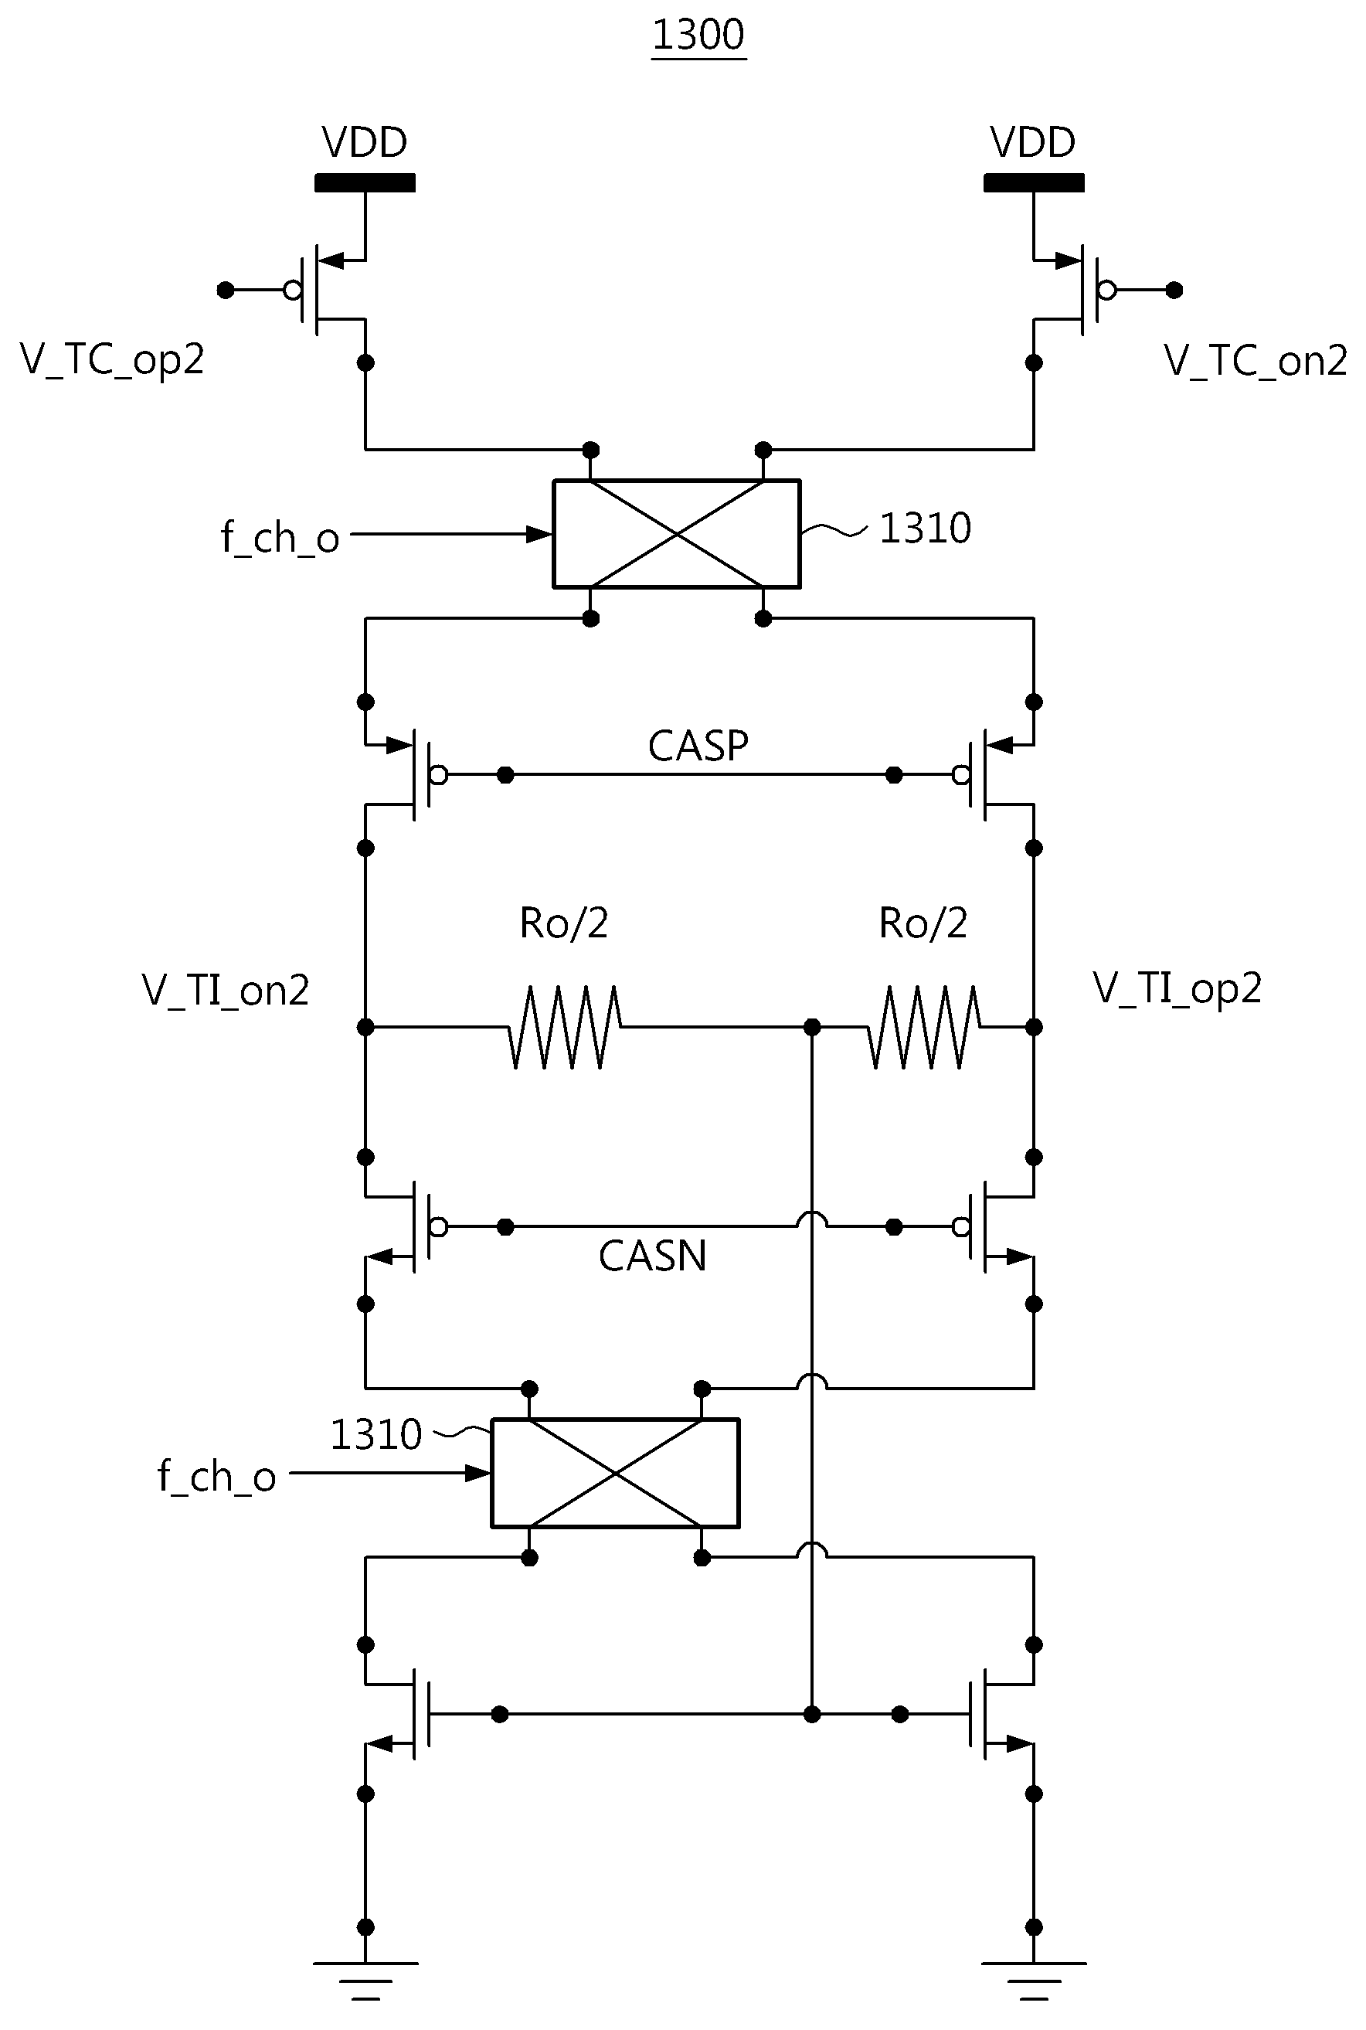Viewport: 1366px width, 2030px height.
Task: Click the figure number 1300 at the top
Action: click(698, 36)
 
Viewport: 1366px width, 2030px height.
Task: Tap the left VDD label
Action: click(364, 142)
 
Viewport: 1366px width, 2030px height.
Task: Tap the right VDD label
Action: click(1033, 142)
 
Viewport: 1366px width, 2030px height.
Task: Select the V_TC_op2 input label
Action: click(112, 360)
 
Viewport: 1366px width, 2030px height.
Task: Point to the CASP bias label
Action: click(698, 746)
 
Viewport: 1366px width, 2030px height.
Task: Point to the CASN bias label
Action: click(653, 1256)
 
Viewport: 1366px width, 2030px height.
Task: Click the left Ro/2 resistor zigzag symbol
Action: click(566, 1027)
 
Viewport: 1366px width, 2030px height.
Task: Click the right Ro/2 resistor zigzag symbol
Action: click(924, 1027)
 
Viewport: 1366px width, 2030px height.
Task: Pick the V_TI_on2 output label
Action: click(226, 991)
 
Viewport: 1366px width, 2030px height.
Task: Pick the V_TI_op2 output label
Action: click(1177, 990)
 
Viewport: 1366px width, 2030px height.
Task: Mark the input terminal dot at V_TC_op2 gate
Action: click(226, 290)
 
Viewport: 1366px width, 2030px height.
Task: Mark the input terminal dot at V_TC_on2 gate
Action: click(1174, 290)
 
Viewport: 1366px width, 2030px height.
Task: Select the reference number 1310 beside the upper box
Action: click(925, 528)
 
